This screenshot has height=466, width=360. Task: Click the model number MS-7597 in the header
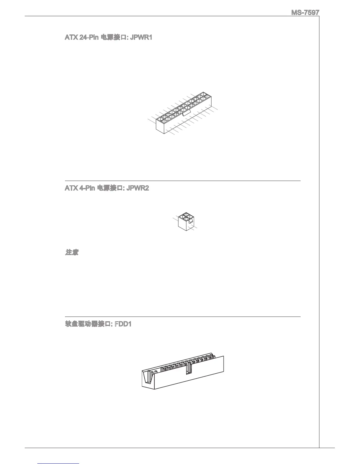pos(305,13)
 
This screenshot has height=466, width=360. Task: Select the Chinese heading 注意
pos(71,253)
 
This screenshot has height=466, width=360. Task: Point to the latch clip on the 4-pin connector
pos(191,221)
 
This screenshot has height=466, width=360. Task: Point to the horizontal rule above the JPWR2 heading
pos(182,181)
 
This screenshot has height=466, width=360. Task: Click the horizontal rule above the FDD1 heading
pos(182,317)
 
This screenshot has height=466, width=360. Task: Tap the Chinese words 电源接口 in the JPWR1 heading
pos(110,38)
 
